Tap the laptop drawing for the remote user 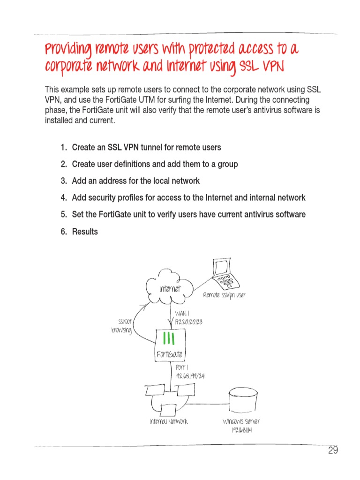(x=224, y=276)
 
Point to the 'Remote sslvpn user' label (x=224, y=295)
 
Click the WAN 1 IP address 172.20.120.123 (x=188, y=322)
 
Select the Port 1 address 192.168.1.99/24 (x=190, y=376)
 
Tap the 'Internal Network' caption (x=169, y=421)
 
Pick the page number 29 (x=333, y=451)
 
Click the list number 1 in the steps (x=63, y=148)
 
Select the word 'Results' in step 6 (x=85, y=232)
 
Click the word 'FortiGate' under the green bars (x=169, y=354)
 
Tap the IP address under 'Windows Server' (x=241, y=430)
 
